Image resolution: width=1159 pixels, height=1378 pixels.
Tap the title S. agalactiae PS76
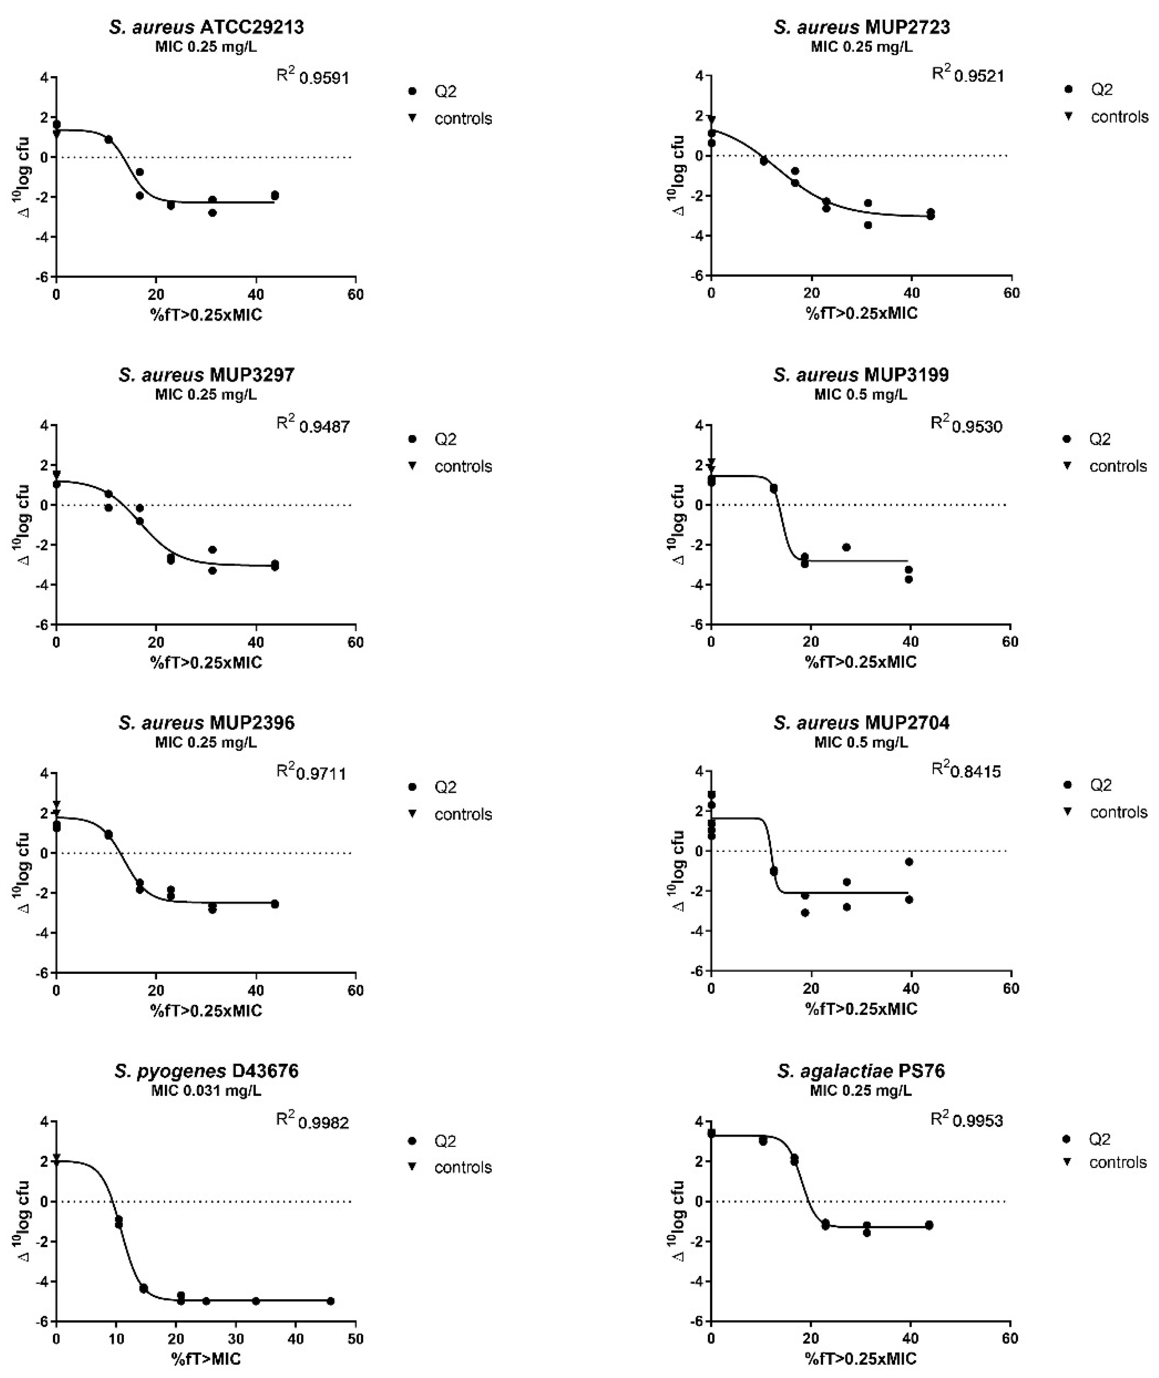pos(861,1071)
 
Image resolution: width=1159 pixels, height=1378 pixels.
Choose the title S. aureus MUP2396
pos(206,722)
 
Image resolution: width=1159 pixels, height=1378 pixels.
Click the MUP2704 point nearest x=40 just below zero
pos(909,862)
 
